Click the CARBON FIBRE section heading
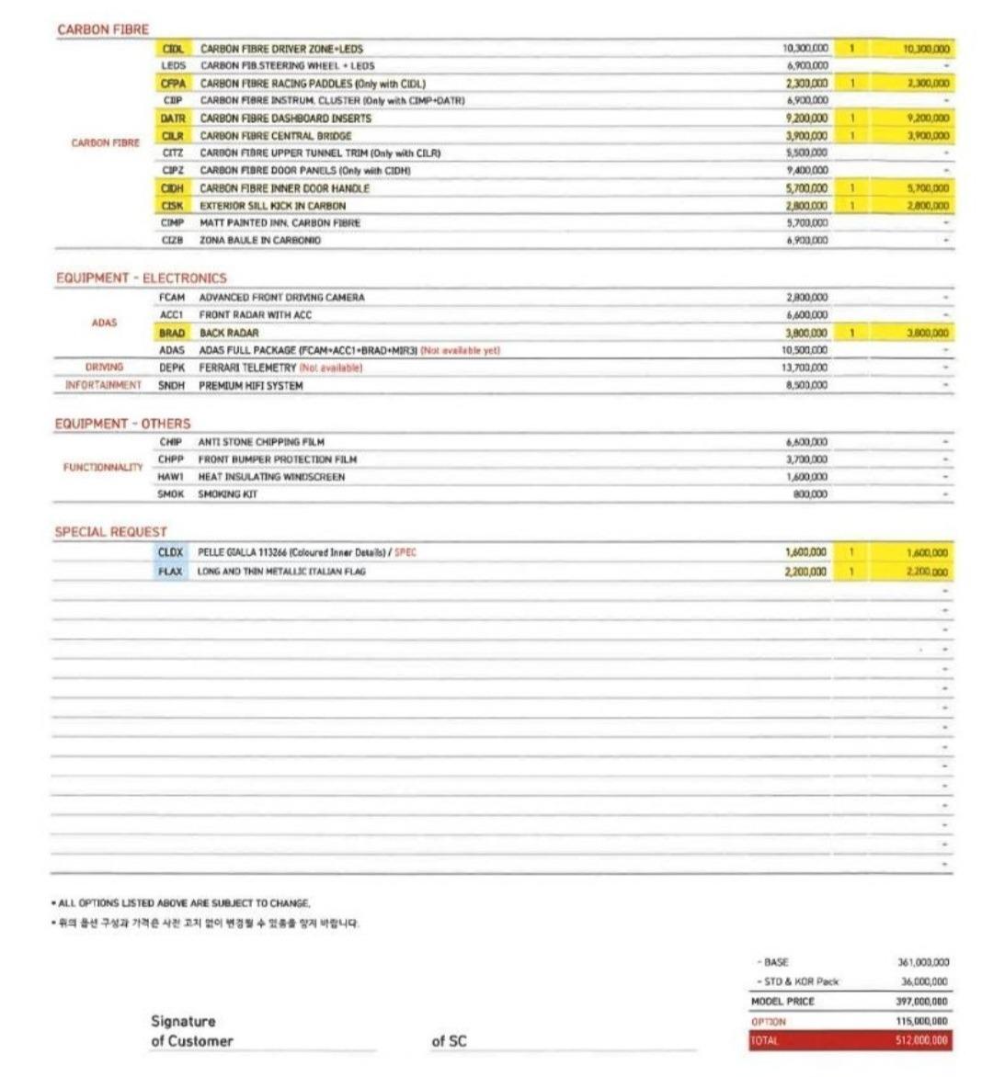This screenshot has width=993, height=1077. pos(102,29)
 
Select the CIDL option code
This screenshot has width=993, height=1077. pos(172,49)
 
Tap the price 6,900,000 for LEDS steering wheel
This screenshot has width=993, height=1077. pos(807,66)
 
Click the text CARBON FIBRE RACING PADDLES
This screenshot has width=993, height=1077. pos(276,84)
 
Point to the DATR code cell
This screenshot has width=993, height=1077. pos(172,119)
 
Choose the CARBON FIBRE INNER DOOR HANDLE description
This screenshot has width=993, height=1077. pos(284,188)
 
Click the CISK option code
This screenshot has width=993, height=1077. pos(172,206)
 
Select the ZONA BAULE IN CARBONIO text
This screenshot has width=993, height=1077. pos(260,241)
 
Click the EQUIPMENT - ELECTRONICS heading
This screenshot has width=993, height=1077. pos(141,278)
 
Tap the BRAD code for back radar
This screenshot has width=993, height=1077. pos(171,334)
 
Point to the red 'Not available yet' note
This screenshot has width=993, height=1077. pos(460,351)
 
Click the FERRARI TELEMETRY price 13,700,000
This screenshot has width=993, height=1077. pos(806,368)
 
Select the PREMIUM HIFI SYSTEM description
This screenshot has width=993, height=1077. pos(250,386)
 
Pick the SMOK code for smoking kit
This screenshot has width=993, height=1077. pos(170,494)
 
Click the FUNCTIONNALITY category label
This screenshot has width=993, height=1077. pos(103,468)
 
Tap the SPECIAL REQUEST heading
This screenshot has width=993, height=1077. pos(110,532)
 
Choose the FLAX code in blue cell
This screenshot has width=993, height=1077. pos(170,572)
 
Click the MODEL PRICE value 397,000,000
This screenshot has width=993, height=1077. pos(921,1002)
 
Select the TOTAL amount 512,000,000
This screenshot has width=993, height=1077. pos(921,1041)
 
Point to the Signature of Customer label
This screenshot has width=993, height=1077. pos(191,1031)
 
